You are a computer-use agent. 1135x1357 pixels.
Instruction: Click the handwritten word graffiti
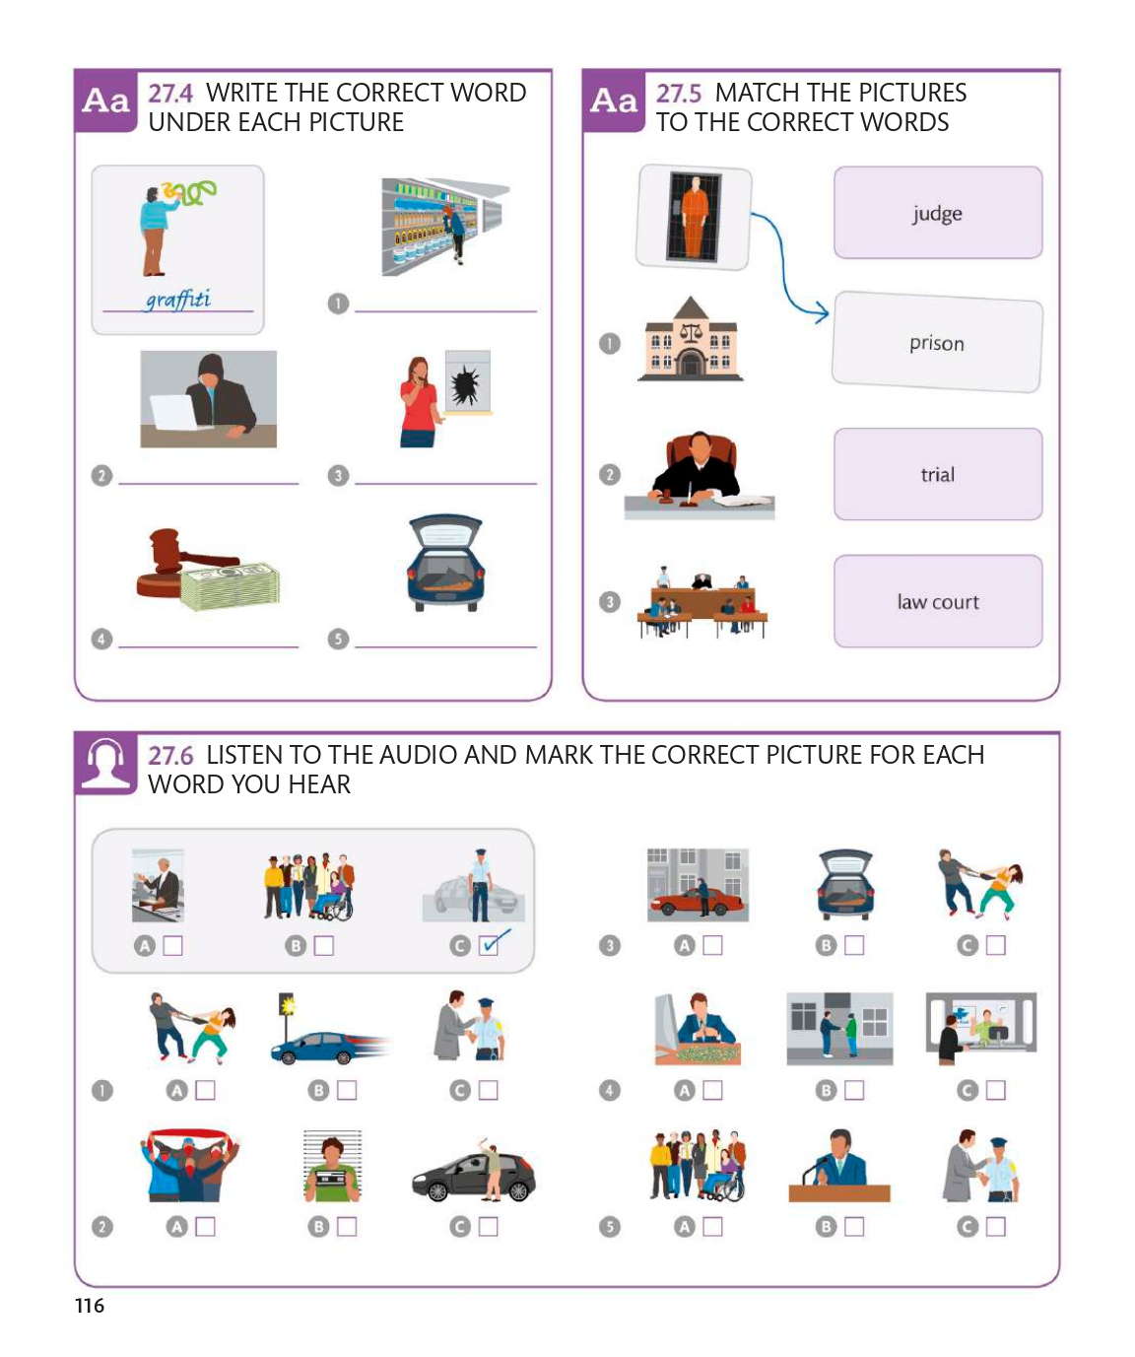(x=178, y=300)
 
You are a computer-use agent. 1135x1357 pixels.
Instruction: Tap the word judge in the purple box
(x=936, y=213)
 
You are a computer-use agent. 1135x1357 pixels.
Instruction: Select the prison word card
(x=938, y=342)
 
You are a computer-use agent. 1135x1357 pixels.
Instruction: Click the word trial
(x=938, y=474)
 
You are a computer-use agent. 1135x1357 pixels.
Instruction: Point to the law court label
(x=938, y=602)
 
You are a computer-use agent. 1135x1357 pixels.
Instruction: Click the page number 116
(x=90, y=1306)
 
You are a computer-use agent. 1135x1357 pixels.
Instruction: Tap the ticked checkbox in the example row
(x=489, y=945)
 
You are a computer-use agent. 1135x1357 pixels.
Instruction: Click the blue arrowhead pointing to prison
(x=822, y=313)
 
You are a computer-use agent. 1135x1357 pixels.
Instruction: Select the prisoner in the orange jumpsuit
(x=694, y=218)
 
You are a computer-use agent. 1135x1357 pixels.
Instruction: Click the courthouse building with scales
(x=691, y=339)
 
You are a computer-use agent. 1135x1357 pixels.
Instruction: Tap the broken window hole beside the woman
(x=466, y=384)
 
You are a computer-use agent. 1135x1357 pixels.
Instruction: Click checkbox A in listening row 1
(x=205, y=1090)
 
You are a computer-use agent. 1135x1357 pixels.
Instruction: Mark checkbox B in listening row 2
(x=346, y=1226)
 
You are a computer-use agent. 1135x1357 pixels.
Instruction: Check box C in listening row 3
(x=995, y=945)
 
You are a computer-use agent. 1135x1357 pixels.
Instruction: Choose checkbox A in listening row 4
(x=712, y=1090)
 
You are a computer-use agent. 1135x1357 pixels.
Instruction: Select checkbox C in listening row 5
(x=995, y=1226)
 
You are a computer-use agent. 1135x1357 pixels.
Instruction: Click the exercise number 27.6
(x=170, y=755)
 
